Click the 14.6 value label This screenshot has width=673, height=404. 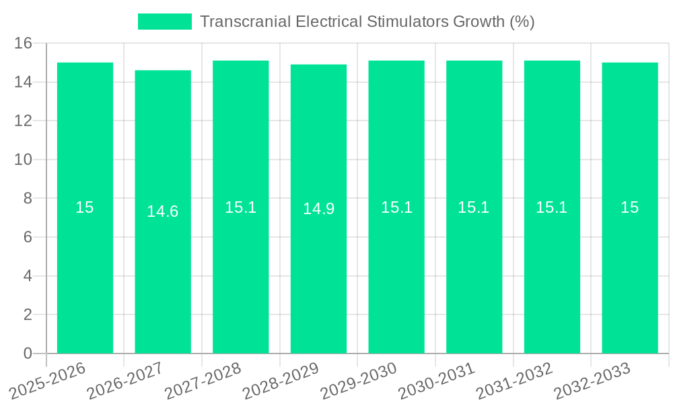pos(163,211)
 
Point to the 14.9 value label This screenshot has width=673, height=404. pos(318,209)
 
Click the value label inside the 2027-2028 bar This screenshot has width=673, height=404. pos(241,207)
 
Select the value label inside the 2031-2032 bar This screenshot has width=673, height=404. pos(552,207)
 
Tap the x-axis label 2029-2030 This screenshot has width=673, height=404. pos(359,380)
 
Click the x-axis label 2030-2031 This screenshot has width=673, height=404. pos(437,380)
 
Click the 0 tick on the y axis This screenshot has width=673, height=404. pos(28,353)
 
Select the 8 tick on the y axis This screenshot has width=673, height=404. pos(28,199)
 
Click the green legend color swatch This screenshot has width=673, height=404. pos(164,22)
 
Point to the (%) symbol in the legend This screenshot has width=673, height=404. pos(522,22)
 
